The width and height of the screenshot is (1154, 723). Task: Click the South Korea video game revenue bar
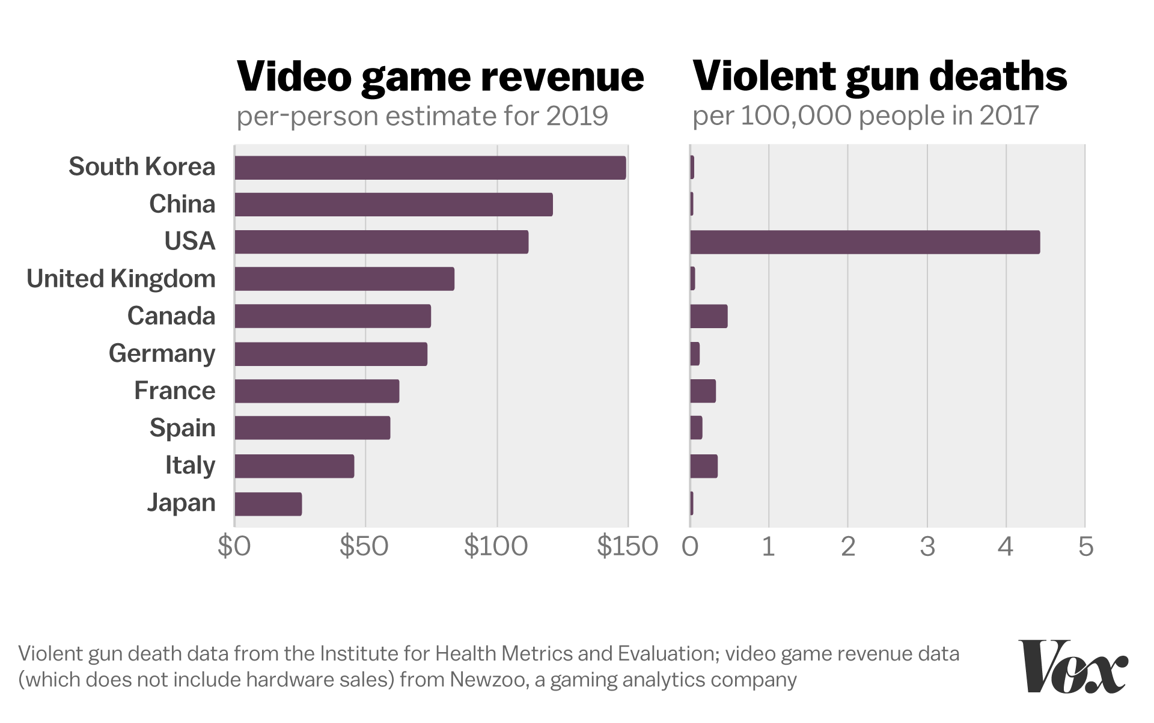[430, 168]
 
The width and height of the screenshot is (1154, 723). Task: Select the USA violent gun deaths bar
[864, 242]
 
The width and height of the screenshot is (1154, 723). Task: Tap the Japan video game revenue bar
[268, 504]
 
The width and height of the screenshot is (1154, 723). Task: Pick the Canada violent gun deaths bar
[709, 316]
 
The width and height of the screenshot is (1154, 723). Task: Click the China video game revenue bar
[393, 204]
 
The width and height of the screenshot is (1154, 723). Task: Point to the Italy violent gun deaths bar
[704, 466]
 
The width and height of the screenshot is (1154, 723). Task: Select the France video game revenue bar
[317, 391]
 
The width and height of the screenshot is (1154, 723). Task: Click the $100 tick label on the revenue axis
[496, 546]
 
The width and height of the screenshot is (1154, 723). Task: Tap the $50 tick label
[364, 546]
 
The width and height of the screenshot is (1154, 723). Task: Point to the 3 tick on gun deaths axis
[927, 546]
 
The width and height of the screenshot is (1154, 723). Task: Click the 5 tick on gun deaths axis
[1085, 546]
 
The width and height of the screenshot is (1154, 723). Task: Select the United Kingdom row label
[121, 279]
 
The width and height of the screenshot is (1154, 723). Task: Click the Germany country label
[162, 353]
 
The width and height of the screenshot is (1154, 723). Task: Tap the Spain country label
[182, 428]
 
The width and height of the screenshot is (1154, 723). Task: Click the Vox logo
[1073, 667]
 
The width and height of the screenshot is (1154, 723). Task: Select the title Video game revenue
[440, 76]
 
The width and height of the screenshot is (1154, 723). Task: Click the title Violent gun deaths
[879, 76]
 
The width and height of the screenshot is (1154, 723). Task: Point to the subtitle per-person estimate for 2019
[422, 116]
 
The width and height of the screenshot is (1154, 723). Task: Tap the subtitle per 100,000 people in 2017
[865, 115]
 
